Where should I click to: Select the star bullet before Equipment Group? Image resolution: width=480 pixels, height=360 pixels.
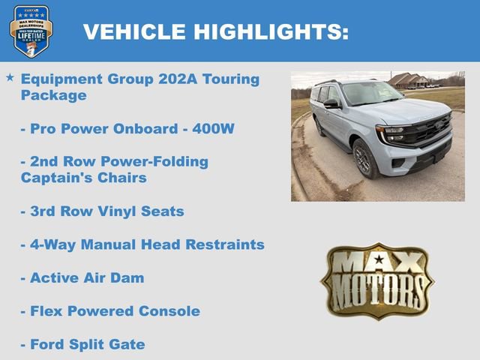[x=10, y=78]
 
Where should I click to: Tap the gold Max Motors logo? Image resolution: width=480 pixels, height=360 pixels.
[x=377, y=280]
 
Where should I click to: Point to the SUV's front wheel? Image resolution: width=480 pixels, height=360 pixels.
[x=366, y=159]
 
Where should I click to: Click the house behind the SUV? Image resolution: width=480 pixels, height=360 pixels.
[x=409, y=80]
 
